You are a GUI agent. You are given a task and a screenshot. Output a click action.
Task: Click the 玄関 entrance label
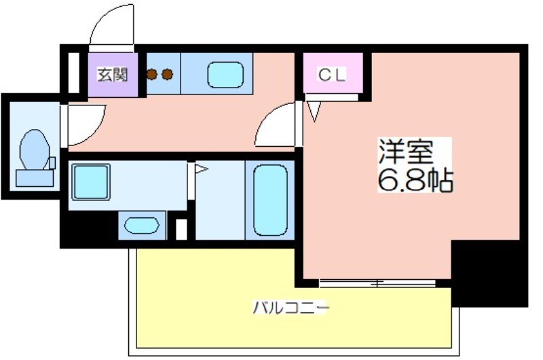coord(113,75)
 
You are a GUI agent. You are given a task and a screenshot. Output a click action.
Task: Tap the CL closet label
coord(332,75)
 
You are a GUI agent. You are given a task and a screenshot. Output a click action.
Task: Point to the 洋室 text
coord(406,151)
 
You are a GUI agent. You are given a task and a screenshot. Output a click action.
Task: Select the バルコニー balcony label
coord(291,307)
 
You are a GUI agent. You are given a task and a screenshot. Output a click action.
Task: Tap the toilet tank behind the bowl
coord(35,178)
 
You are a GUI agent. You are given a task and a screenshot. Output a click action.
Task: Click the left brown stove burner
coord(151,74)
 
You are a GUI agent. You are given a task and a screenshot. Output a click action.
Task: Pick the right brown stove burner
coord(167,74)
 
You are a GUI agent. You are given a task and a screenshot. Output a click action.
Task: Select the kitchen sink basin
coord(225,75)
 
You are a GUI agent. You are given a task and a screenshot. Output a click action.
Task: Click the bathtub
coord(270,200)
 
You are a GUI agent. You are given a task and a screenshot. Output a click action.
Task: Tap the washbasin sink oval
coord(142,226)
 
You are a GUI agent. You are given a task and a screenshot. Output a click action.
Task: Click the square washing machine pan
coord(91,182)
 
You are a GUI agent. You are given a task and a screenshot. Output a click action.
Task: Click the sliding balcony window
coord(377,283)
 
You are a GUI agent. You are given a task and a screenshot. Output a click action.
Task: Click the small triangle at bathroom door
coord(201,169)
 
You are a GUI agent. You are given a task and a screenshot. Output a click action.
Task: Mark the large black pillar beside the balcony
coord(489,274)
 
